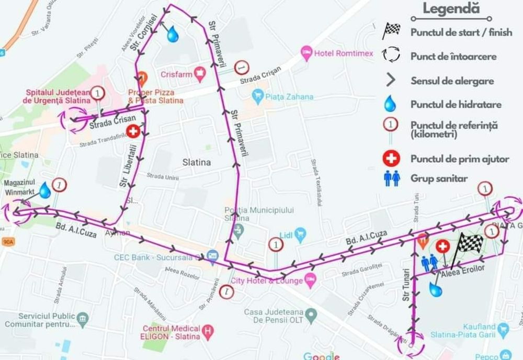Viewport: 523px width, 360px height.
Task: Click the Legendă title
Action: tap(451, 8)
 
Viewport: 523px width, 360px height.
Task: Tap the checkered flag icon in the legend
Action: tap(391, 31)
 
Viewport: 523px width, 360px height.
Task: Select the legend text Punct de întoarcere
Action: tap(453, 57)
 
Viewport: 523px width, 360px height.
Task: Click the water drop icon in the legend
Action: tap(390, 104)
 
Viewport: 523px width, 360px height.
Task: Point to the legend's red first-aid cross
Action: tap(391, 158)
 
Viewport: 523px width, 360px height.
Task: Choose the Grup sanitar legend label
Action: tap(439, 179)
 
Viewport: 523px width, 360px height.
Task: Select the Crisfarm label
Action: tap(176, 74)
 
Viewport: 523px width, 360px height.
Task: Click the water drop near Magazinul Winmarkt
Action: tap(45, 190)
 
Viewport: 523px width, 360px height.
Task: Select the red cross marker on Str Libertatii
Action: tap(133, 131)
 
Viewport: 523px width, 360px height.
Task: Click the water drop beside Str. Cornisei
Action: tap(173, 35)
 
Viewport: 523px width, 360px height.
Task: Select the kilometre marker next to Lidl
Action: tap(276, 244)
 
